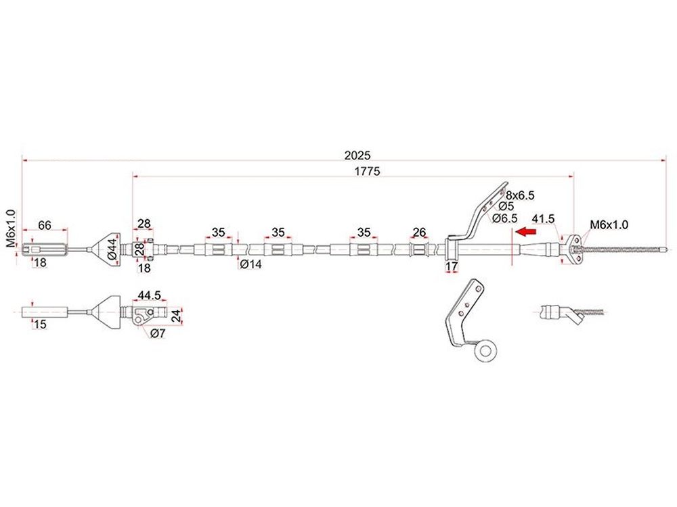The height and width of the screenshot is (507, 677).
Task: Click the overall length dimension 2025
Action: [357, 155]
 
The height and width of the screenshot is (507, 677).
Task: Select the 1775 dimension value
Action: [367, 171]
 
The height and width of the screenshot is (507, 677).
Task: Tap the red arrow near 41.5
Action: [526, 232]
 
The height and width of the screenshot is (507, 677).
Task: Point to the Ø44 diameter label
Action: [112, 248]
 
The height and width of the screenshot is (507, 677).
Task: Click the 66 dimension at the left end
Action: [45, 225]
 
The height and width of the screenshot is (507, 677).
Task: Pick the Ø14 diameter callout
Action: [250, 264]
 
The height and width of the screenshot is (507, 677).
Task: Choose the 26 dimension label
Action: [419, 233]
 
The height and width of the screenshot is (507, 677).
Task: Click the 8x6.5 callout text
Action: [520, 195]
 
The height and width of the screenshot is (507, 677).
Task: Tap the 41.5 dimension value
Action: [543, 219]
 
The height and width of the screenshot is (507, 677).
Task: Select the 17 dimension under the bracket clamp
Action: [451, 266]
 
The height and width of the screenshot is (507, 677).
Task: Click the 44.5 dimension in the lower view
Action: [149, 295]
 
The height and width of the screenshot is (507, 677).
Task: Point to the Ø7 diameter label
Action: [158, 333]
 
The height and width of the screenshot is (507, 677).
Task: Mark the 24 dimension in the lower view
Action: [177, 316]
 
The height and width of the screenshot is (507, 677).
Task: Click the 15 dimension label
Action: [40, 324]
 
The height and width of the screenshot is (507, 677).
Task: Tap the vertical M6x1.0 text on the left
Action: [11, 228]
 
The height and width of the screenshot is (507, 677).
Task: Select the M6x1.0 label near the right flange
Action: [609, 224]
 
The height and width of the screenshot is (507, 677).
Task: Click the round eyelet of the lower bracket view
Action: [485, 350]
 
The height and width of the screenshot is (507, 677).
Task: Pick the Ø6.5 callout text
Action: [505, 218]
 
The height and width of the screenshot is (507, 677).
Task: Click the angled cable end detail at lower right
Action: [571, 313]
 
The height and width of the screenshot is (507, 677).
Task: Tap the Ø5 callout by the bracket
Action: [506, 206]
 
